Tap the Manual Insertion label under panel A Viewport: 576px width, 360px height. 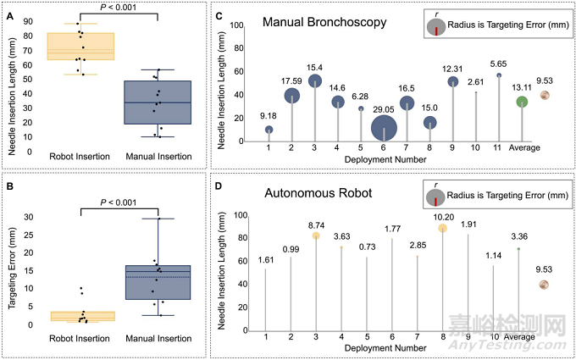pos(159,158)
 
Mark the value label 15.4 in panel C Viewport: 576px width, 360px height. pos(316,67)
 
